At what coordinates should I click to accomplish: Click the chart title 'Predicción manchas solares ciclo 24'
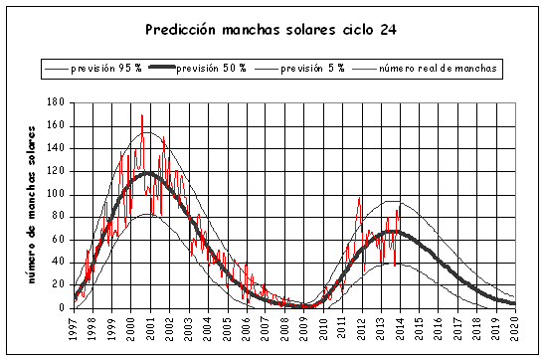click(272, 29)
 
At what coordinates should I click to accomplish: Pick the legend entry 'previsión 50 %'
click(213, 69)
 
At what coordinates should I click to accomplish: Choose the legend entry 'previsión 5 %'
click(312, 69)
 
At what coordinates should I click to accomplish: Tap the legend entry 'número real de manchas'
click(439, 69)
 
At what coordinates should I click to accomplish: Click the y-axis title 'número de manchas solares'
click(33, 204)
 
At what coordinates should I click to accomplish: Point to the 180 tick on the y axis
click(56, 102)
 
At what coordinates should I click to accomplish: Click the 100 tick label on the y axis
click(56, 194)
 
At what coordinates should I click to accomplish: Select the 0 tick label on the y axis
click(62, 308)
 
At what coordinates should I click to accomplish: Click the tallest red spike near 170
click(141, 115)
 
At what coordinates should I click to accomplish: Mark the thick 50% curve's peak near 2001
click(149, 173)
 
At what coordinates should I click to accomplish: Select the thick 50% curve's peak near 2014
click(394, 231)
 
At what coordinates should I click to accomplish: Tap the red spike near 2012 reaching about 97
click(359, 198)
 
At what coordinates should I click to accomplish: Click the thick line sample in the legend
click(159, 69)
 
